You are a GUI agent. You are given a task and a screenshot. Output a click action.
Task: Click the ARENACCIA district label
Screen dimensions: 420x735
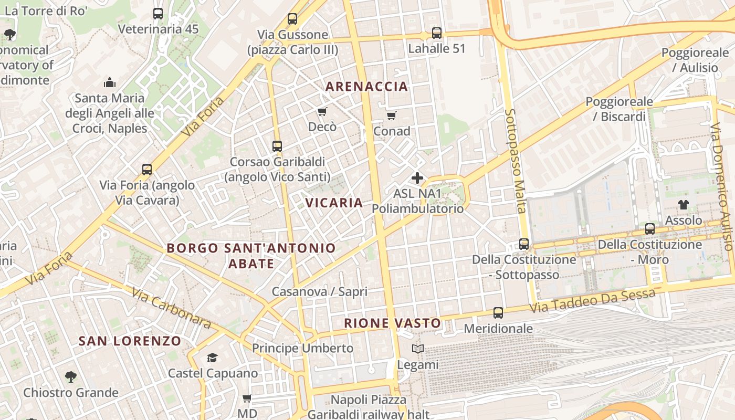click(366, 87)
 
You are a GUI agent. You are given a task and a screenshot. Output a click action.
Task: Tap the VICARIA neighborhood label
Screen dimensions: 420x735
click(334, 203)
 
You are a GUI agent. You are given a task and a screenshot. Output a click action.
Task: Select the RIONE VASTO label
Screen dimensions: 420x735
click(392, 323)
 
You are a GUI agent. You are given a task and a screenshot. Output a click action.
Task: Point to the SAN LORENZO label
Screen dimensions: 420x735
click(130, 341)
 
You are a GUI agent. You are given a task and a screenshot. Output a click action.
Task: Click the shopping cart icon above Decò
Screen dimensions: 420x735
click(322, 111)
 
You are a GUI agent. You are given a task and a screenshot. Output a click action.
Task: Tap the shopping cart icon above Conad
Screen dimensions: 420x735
click(391, 115)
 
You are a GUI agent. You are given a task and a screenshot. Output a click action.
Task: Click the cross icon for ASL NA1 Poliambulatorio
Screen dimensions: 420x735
click(417, 178)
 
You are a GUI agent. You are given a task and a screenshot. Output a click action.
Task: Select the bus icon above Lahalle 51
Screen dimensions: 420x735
click(436, 33)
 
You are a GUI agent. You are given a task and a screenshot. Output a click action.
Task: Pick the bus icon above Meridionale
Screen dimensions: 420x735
click(498, 313)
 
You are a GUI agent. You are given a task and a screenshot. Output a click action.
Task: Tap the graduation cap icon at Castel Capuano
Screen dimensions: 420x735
click(212, 358)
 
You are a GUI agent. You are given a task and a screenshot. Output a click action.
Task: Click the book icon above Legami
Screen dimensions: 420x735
click(418, 349)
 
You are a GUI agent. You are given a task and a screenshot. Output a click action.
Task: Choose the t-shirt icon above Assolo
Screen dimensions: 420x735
click(683, 204)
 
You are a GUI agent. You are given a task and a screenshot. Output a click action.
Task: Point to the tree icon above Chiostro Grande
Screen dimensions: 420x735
click(70, 376)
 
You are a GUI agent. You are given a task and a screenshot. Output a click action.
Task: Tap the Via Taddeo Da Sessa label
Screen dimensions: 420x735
click(592, 301)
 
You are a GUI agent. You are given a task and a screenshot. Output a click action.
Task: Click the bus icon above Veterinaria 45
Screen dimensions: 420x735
click(158, 14)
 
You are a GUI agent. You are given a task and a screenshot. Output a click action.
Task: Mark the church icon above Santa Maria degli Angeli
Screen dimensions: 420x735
click(110, 82)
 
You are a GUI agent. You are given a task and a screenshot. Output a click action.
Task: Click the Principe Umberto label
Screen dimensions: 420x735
click(302, 348)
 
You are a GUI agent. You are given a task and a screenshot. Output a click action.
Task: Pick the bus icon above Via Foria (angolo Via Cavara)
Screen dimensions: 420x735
click(147, 170)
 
